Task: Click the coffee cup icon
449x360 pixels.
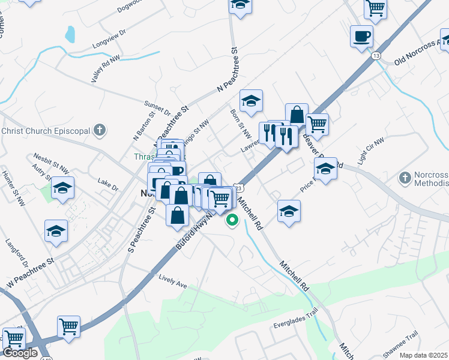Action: tap(362, 36)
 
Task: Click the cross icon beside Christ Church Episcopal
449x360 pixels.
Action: tap(100, 130)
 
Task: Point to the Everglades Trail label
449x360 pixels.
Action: tap(295, 325)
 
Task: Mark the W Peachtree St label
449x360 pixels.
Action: tap(30, 270)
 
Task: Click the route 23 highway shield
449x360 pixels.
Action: tap(238, 187)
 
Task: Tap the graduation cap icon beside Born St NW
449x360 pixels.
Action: tap(251, 100)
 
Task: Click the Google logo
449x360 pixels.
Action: tap(20, 353)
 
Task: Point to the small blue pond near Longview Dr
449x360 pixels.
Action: tap(70, 34)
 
